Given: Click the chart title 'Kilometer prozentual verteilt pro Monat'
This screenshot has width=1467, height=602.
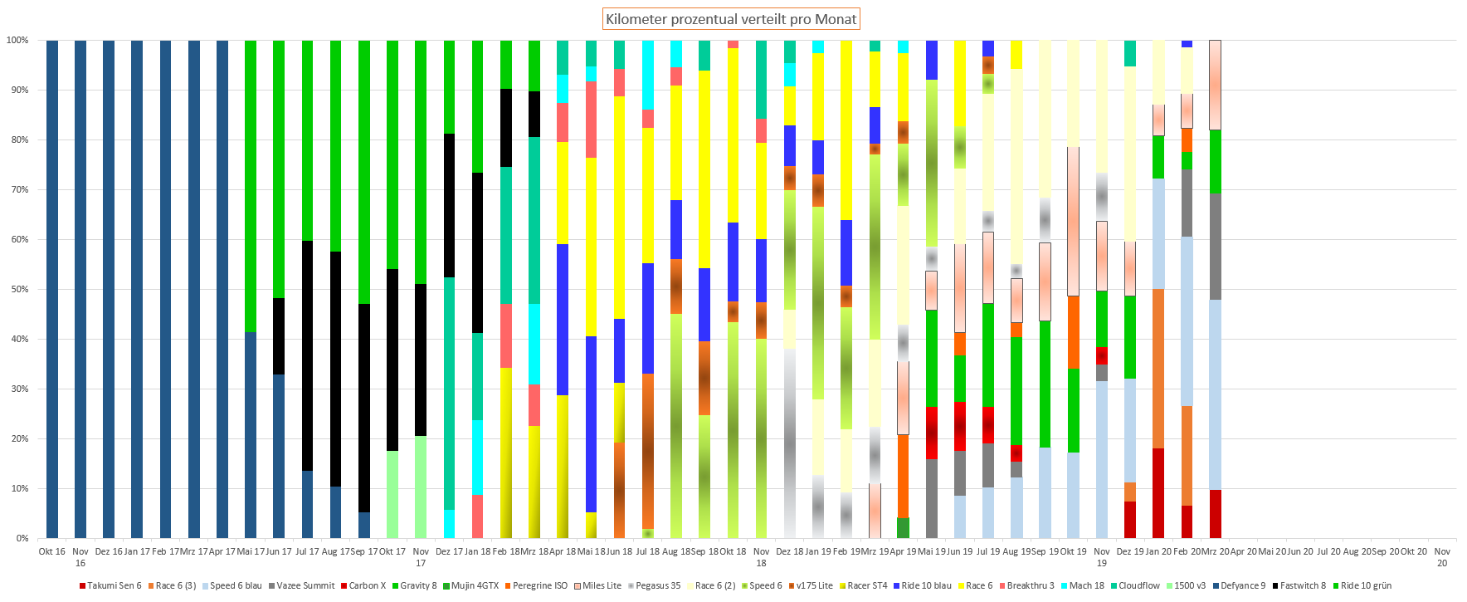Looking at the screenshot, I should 730,19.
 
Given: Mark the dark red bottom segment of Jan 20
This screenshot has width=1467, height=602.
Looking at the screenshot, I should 1158,493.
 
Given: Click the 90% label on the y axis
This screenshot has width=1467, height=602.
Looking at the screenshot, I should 17,90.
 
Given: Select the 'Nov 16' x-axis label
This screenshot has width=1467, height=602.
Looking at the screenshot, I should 80,556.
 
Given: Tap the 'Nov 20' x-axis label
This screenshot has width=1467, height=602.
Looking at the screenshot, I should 1442,556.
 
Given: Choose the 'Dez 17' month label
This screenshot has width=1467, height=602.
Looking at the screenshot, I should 449,551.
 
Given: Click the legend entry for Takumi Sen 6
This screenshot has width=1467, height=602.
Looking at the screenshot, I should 110,585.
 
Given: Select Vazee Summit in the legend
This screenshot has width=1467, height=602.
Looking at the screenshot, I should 300,585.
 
